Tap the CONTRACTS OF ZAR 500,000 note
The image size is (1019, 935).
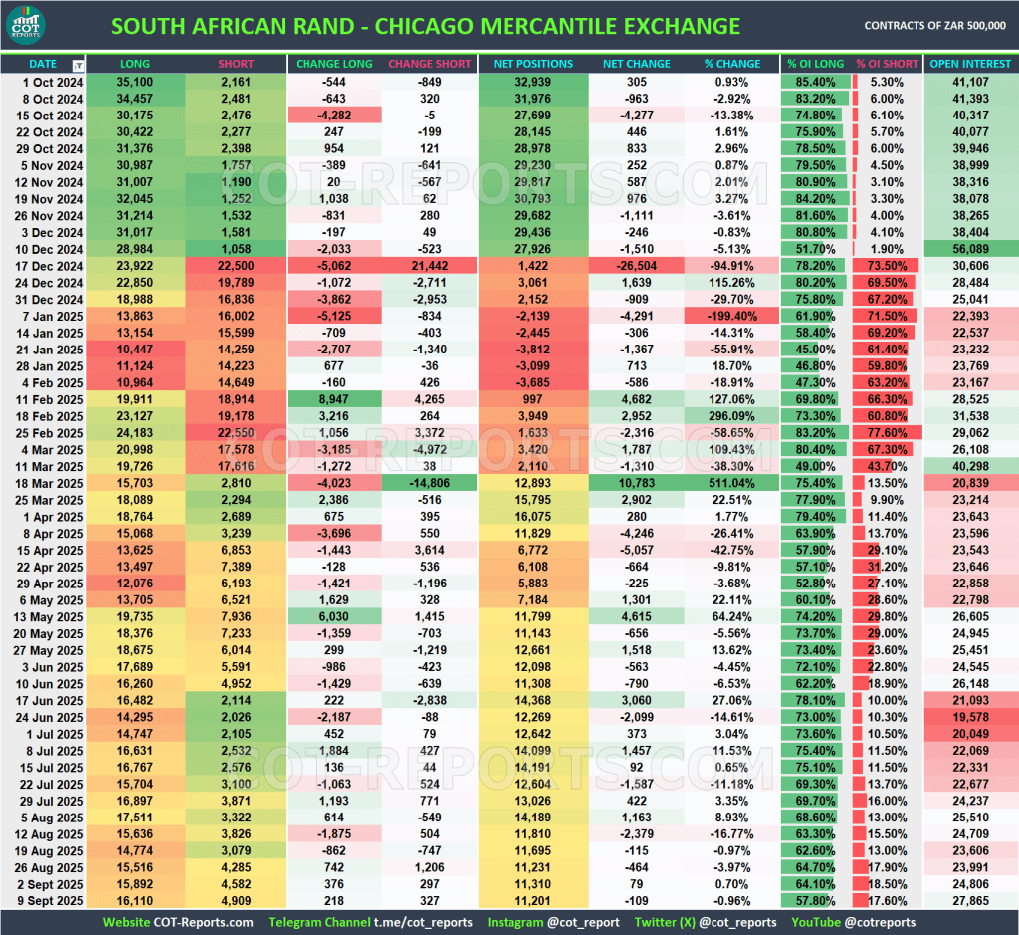pos(934,26)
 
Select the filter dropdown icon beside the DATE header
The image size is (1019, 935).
pos(78,65)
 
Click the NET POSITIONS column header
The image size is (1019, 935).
pos(533,64)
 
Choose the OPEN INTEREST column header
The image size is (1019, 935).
pos(970,64)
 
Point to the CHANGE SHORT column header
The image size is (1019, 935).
pos(430,64)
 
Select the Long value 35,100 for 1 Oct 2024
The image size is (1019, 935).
pos(135,82)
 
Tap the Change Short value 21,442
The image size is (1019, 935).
pos(430,266)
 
